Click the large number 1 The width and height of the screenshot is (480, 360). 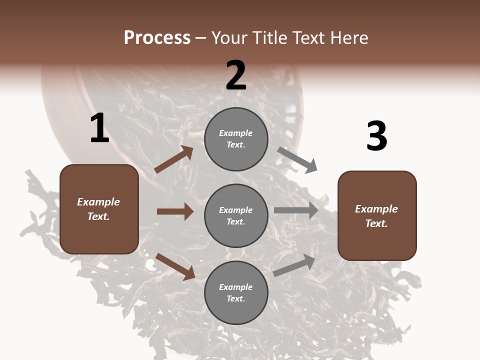click(x=99, y=128)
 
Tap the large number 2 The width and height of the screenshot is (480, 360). click(x=236, y=75)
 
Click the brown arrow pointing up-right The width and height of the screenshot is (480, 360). click(x=173, y=159)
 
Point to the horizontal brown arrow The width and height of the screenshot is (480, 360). click(x=175, y=211)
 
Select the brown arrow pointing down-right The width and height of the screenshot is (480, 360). click(x=175, y=266)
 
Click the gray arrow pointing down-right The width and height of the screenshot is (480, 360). click(x=297, y=159)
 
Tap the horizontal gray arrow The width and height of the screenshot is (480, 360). click(x=295, y=210)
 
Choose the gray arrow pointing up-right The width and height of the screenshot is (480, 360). click(x=294, y=265)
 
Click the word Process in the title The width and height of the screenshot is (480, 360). click(x=157, y=37)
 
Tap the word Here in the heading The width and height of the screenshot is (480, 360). click(x=348, y=37)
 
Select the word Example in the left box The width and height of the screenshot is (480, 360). click(x=98, y=202)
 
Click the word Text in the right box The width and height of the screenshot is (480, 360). click(x=376, y=223)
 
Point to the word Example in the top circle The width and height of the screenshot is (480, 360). click(x=235, y=133)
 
